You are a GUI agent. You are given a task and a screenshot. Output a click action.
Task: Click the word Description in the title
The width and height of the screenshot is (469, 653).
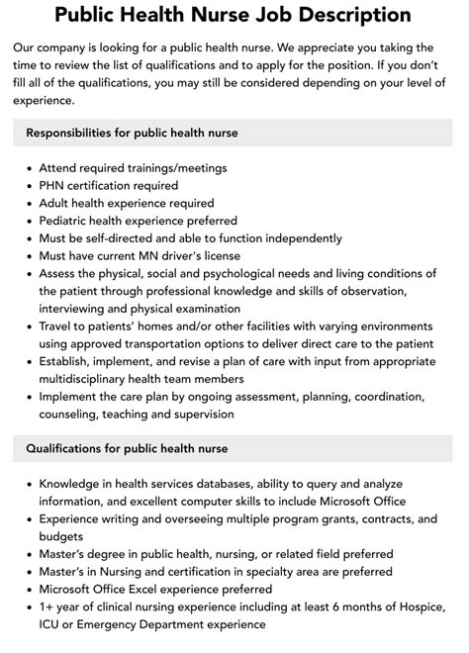pos(351,15)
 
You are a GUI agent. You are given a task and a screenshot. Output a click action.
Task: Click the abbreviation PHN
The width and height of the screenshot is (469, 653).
pos(52,185)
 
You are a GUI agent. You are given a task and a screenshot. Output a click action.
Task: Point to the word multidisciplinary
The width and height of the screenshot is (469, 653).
pos(93,381)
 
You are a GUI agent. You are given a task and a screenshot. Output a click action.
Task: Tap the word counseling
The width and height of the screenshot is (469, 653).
pos(72,417)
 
